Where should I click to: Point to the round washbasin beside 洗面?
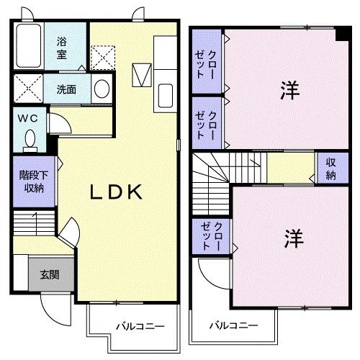pos(102,90)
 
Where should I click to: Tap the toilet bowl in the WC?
pos(30,138)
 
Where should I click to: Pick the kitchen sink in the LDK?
pos(166,94)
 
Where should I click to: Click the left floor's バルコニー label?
pos(140,326)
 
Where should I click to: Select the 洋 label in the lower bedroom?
pos(292,239)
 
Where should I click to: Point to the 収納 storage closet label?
pos(330,169)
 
